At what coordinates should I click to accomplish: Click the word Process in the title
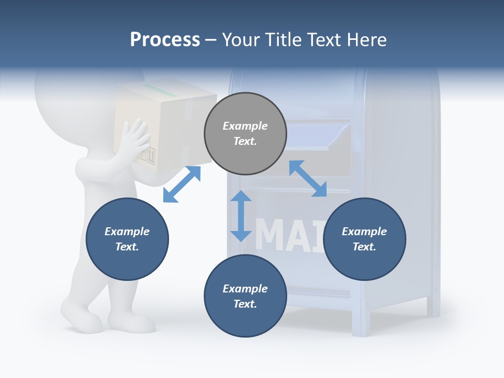point(165,40)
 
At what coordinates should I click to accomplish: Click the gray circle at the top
point(245,134)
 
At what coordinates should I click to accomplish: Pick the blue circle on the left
point(127,239)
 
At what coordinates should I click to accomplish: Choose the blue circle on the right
point(364,239)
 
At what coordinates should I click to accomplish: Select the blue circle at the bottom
point(245,296)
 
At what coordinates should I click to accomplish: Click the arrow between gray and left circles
point(182,184)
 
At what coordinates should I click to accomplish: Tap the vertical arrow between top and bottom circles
point(241,216)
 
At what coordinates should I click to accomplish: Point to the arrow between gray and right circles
point(308,178)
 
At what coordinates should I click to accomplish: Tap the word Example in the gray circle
point(245,126)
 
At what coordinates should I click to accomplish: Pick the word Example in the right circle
point(364,232)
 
